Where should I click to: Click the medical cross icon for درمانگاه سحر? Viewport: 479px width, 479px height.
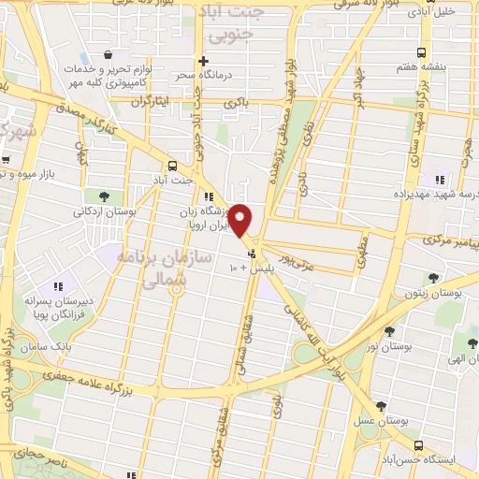203,61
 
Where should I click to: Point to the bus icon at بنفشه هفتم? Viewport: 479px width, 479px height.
421,52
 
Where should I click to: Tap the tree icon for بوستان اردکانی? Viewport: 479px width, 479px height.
104,196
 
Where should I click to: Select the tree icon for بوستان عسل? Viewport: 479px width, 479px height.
381,406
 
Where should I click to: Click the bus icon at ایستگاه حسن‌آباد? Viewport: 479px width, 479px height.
418,445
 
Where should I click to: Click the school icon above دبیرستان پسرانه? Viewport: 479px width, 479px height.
59,285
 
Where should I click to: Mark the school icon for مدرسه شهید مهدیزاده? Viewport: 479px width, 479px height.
438,180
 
